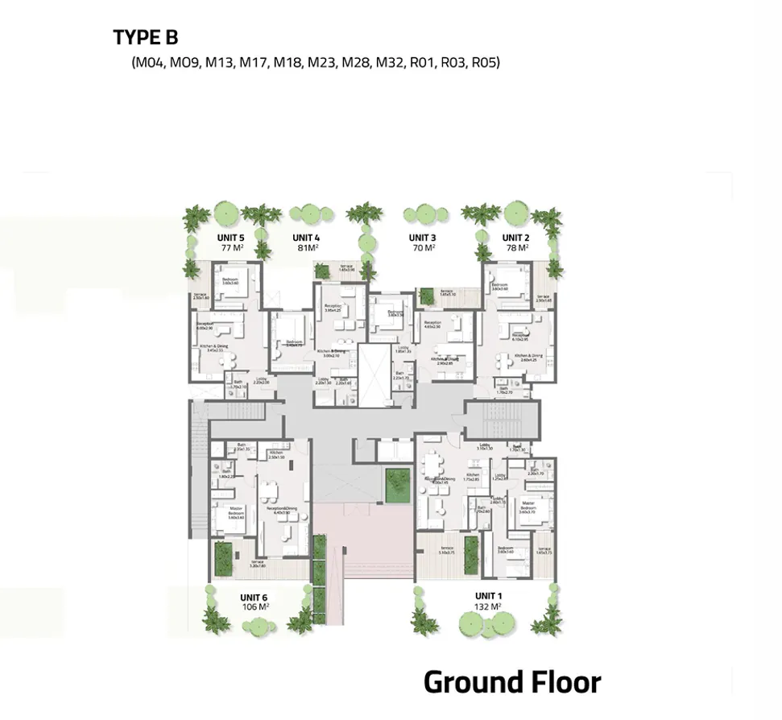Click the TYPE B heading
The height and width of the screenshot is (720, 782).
tap(146, 37)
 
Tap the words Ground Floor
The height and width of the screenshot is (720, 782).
tap(512, 682)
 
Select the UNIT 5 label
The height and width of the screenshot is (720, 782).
tap(230, 238)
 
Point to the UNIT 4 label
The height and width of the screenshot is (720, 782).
tap(306, 238)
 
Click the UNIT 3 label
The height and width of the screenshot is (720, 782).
tap(422, 238)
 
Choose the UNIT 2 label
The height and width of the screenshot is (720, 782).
tap(515, 238)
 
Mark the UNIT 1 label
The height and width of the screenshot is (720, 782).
tap(489, 596)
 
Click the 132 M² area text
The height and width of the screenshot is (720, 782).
tap(489, 607)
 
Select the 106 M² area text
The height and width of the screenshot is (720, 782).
tap(255, 607)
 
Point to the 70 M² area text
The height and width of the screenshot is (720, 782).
tap(422, 248)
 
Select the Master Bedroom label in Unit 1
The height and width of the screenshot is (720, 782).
tap(528, 506)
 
